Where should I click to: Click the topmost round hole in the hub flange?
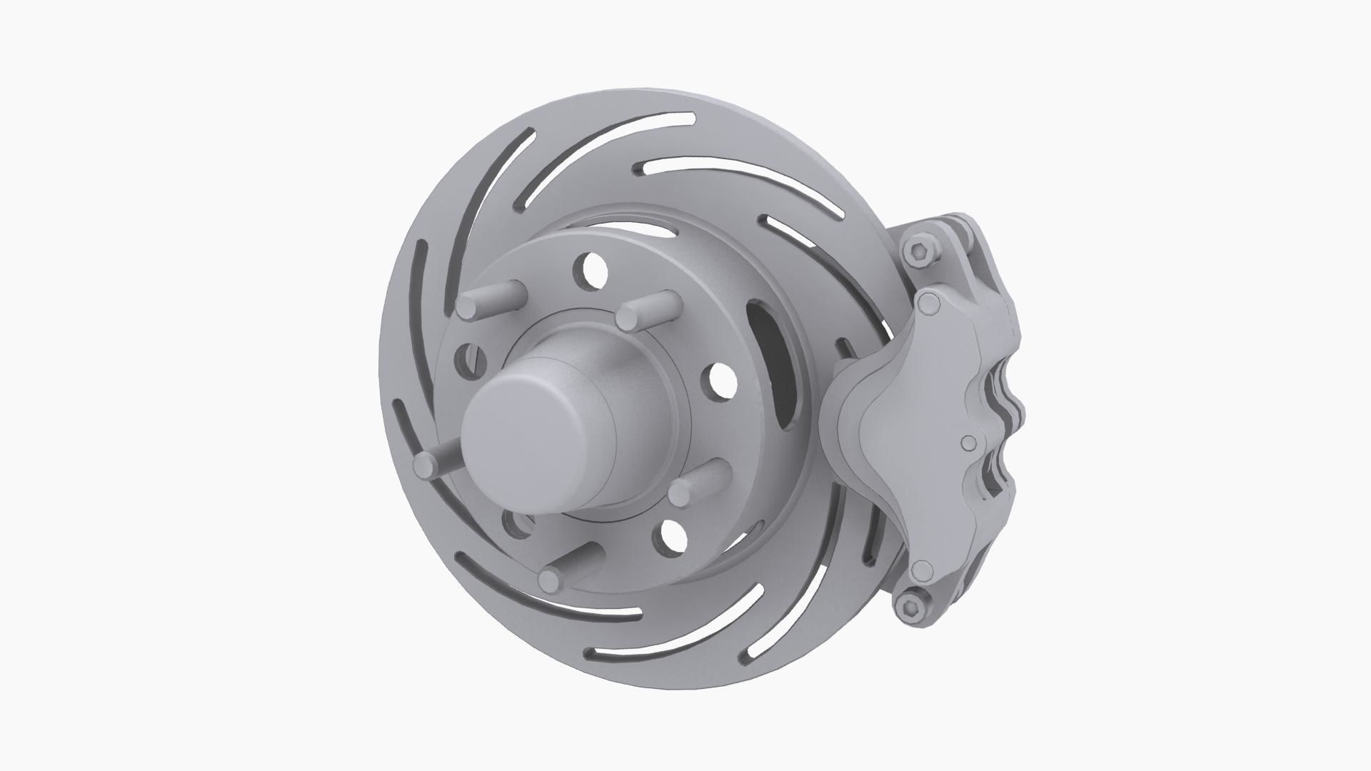tap(593, 271)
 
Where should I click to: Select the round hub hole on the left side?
tap(466, 359)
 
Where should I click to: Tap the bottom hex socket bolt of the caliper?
tap(909, 608)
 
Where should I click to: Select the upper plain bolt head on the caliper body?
tap(929, 305)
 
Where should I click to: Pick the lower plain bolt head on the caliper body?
tap(923, 570)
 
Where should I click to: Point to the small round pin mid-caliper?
tap(968, 444)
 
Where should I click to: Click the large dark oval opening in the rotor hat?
tap(775, 364)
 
